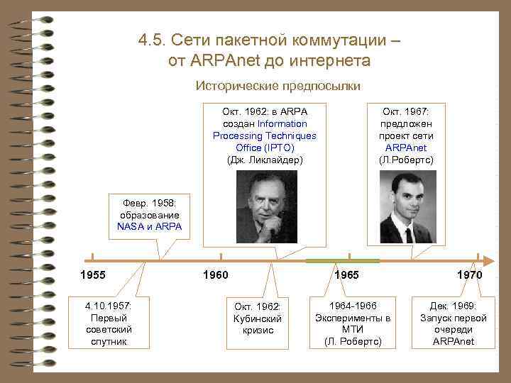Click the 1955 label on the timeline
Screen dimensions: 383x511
(93, 274)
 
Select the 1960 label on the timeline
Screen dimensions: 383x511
(216, 274)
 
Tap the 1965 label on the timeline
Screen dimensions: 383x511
(346, 274)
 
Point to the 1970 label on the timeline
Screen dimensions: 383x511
(470, 274)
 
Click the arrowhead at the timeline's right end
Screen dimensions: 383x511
(490, 260)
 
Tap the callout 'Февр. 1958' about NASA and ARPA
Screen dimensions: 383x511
(150, 214)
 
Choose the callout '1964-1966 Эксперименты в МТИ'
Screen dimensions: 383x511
(353, 323)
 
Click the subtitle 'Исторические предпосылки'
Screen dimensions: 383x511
(278, 86)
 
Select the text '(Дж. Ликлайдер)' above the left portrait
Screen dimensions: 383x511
(265, 160)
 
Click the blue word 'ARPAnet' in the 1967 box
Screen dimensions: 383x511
(406, 148)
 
